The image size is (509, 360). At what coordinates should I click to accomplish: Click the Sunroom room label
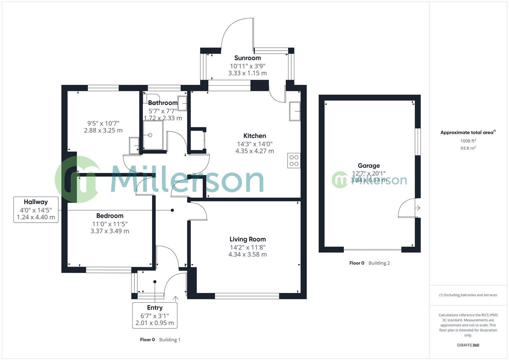(247, 58)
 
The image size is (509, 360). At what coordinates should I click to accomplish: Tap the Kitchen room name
(255, 136)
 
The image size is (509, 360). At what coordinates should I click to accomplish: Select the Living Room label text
(247, 239)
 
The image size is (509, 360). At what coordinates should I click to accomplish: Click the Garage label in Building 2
(369, 165)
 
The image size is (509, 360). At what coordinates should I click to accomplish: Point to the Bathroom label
(163, 103)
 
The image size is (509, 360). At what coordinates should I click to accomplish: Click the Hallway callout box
(36, 210)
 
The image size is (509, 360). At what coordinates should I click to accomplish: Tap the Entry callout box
(155, 315)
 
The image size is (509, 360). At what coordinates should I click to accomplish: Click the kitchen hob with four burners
(294, 160)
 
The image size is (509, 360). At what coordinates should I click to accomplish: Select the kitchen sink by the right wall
(295, 111)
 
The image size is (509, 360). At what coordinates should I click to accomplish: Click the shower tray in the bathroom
(153, 135)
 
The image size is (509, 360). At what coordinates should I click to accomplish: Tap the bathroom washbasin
(182, 103)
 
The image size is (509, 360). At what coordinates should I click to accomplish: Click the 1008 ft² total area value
(468, 141)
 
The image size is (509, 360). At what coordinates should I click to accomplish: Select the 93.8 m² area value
(468, 148)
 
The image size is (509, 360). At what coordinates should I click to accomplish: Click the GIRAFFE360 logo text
(468, 345)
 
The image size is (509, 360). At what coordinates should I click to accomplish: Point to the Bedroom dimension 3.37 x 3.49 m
(110, 231)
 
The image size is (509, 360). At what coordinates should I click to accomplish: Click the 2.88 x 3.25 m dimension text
(103, 130)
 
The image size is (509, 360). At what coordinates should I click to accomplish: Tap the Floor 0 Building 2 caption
(369, 263)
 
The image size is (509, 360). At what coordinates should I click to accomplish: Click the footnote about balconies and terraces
(468, 295)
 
